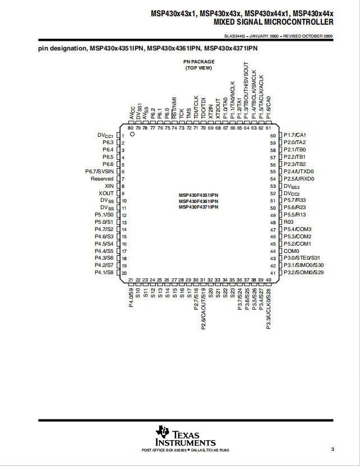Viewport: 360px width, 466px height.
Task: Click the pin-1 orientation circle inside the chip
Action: coord(132,134)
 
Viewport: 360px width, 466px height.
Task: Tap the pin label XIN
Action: coord(109,186)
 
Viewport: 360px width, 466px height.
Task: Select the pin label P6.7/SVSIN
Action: coord(99,172)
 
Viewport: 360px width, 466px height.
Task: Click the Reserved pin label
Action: coord(102,179)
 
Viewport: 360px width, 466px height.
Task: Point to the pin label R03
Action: coord(288,222)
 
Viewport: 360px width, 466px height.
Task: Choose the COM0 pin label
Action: coord(292,251)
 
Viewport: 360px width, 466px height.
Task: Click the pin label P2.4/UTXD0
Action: coord(298,172)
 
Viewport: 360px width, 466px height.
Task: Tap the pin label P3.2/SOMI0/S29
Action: coord(303,273)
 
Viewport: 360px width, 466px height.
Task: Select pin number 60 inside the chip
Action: coord(273,136)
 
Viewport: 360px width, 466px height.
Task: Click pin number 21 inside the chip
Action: coord(131,280)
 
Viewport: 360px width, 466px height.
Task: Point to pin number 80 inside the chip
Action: coord(131,128)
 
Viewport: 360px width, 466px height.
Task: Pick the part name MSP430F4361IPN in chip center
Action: coord(199,201)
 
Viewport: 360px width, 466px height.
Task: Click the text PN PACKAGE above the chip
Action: coord(199,62)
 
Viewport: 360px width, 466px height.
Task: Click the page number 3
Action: coord(333,449)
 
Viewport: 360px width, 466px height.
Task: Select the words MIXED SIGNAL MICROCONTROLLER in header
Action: coord(274,22)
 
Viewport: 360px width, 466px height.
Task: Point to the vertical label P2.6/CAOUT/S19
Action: coord(204,309)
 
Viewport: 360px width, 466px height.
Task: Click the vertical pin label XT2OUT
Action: coord(218,109)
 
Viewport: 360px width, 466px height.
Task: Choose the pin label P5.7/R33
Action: coord(294,200)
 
